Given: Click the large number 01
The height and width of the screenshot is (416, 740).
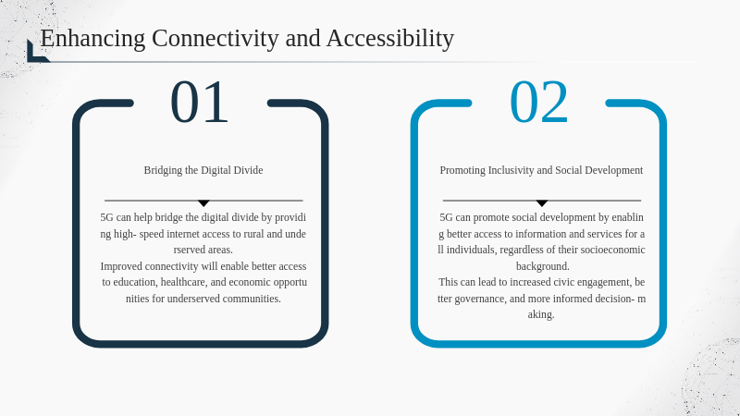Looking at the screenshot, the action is pos(199,102).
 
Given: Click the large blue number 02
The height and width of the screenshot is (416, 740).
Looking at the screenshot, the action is pos(538,102).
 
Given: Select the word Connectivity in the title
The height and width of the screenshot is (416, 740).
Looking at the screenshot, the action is pos(216,38).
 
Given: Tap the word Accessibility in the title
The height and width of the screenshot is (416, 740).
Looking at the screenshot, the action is pos(390,39).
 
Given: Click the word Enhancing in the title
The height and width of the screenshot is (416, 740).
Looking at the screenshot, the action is pos(93,39).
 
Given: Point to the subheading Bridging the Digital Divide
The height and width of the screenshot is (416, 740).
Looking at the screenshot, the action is pos(203,170).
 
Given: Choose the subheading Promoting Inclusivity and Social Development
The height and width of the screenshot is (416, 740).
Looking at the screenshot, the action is pos(541,170).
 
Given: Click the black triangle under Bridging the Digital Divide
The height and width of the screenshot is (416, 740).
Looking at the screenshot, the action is pos(203,203).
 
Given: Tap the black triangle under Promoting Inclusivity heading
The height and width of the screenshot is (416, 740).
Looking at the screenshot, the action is pos(542,203).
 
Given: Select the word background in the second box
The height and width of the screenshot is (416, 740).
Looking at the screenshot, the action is pos(543,266).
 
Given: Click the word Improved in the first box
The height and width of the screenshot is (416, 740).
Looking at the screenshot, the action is pos(121,266).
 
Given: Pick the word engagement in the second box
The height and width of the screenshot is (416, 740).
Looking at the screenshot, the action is pos(607,282).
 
